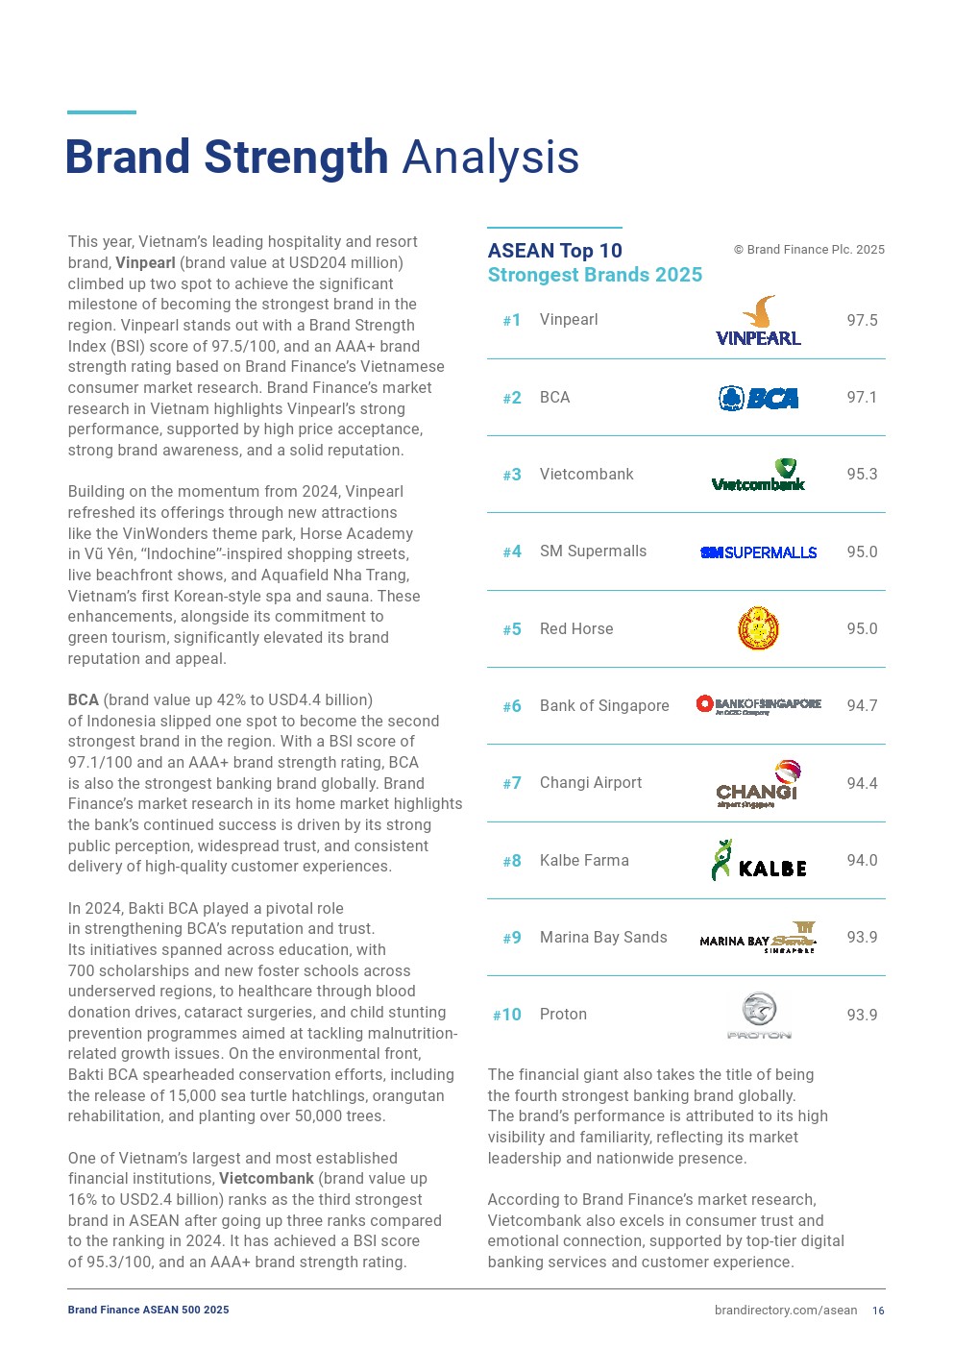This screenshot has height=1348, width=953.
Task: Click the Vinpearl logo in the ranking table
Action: [x=758, y=321]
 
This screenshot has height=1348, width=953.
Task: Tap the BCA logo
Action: [x=758, y=398]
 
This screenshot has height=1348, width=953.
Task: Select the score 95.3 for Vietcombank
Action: [x=862, y=475]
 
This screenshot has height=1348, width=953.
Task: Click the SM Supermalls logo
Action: [x=758, y=552]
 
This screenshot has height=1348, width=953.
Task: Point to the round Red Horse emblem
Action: [x=758, y=629]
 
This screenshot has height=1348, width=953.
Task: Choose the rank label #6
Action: [x=512, y=707]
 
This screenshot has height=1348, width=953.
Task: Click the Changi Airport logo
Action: [x=758, y=784]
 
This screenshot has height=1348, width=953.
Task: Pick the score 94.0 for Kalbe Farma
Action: [x=862, y=861]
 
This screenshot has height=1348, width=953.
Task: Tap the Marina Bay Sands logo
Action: [x=758, y=938]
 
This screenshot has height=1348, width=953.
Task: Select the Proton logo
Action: [x=759, y=1016]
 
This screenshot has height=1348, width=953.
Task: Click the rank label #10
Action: [x=506, y=1016]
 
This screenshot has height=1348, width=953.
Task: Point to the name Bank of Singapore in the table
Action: [x=604, y=706]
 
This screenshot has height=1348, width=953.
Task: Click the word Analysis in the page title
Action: [x=490, y=158]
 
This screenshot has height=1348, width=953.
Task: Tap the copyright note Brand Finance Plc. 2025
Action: [x=809, y=250]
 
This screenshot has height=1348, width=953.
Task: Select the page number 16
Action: [x=878, y=1311]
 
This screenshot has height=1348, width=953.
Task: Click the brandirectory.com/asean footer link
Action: [x=785, y=1311]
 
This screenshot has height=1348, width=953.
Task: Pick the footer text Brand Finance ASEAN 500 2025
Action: [x=148, y=1310]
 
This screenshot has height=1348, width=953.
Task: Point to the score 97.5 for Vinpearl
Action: [x=862, y=321]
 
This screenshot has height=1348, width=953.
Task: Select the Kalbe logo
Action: [x=758, y=861]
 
